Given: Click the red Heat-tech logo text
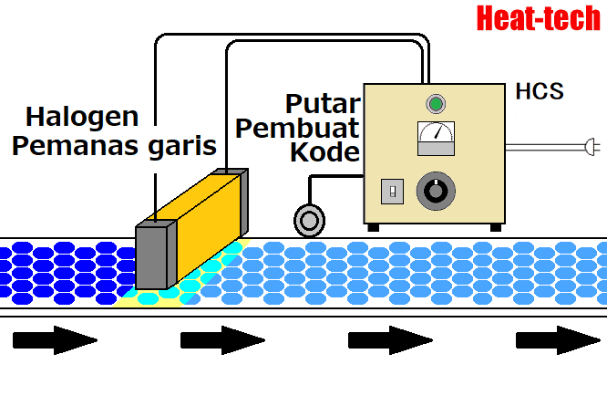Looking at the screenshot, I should (x=538, y=18).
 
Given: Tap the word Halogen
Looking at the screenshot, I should (x=82, y=117).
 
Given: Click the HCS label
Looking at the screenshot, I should (x=540, y=91).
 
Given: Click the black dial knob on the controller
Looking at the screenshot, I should (x=434, y=192).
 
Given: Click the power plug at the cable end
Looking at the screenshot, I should (x=591, y=145).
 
